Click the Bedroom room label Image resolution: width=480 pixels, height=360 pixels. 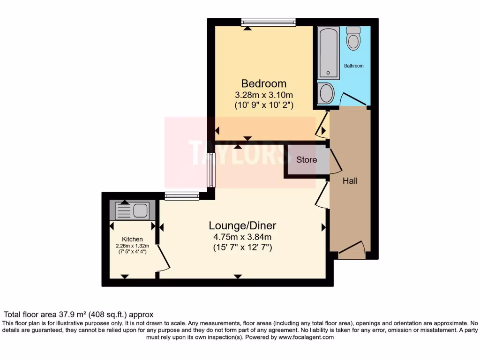(x=263, y=83)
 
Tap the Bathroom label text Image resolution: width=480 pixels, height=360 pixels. (x=353, y=66)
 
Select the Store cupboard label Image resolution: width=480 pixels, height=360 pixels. (x=307, y=160)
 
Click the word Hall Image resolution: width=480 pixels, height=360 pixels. (x=350, y=180)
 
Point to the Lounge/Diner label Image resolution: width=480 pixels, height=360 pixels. (x=240, y=225)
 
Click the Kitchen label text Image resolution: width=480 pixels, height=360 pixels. (x=132, y=239)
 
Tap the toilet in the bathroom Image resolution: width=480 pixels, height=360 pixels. (x=353, y=38)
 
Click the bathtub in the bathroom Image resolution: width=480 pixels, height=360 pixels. (x=328, y=53)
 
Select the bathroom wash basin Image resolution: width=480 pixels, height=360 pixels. (x=325, y=93)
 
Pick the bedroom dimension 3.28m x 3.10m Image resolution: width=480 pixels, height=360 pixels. (x=264, y=95)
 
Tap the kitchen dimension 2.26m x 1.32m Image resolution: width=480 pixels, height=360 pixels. (x=132, y=246)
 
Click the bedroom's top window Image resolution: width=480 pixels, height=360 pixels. (x=268, y=22)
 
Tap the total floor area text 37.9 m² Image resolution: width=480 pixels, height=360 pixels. (x=78, y=315)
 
